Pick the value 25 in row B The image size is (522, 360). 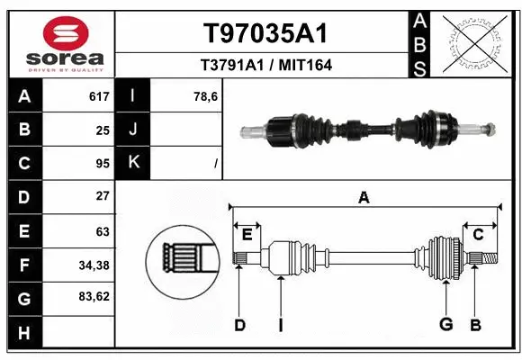[x=102, y=130]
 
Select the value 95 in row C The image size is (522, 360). [x=102, y=163]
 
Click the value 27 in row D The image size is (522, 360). [x=102, y=195]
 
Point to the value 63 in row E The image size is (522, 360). [x=102, y=231]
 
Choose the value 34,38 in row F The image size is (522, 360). [x=94, y=265]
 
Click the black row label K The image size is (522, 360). [x=133, y=163]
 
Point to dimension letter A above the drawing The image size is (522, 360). [x=364, y=198]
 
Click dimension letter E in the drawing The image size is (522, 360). [x=247, y=235]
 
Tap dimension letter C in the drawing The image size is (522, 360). [x=479, y=235]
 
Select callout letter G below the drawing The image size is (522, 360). [x=445, y=325]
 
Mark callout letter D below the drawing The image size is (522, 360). [x=239, y=325]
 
